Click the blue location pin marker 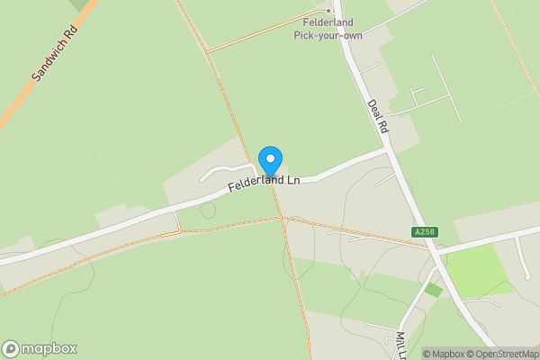(x=270, y=161)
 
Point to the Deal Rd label (x=377, y=116)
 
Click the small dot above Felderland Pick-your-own (x=328, y=11)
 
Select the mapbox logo (x=40, y=348)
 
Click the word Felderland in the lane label (x=251, y=184)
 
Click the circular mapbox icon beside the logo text (x=11, y=348)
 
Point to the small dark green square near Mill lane (x=434, y=290)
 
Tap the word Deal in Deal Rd (x=373, y=108)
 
